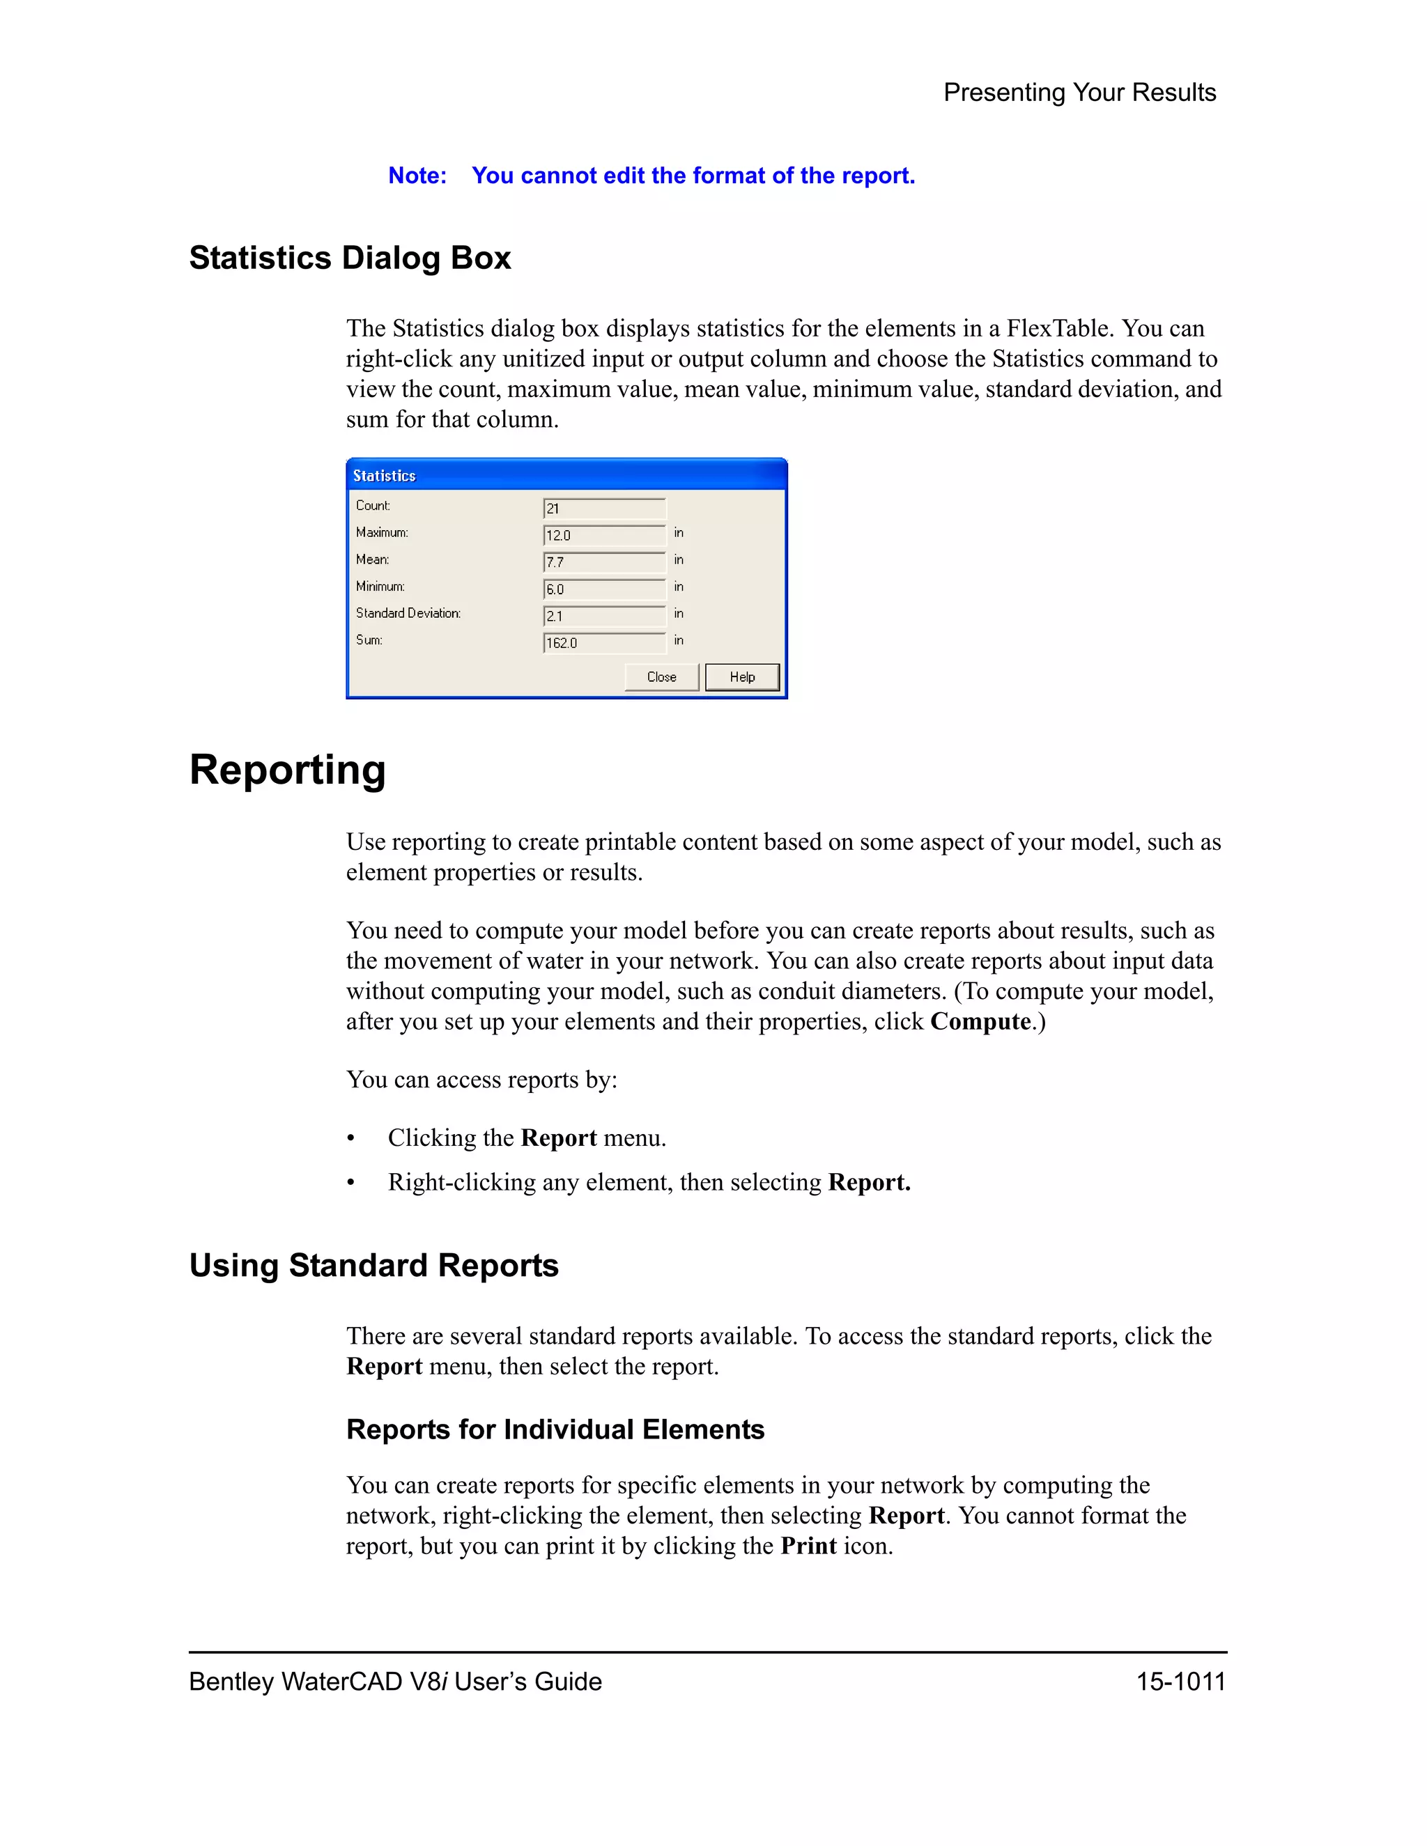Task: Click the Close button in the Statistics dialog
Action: (661, 677)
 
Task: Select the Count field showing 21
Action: (603, 508)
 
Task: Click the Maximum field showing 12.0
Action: (603, 535)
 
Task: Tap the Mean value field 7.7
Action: (603, 562)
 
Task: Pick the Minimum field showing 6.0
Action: (603, 589)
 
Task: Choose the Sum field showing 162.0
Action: (603, 643)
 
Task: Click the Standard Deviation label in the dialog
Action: (408, 613)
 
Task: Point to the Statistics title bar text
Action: (384, 476)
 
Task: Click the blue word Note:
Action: (417, 176)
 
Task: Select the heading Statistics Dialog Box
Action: (350, 258)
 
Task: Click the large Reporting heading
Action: (288, 770)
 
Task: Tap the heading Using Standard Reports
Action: (373, 1265)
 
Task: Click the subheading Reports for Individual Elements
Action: (555, 1429)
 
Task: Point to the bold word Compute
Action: (980, 1022)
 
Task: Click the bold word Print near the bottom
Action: (808, 1546)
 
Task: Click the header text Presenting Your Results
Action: (1079, 92)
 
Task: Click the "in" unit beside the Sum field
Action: (679, 641)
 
